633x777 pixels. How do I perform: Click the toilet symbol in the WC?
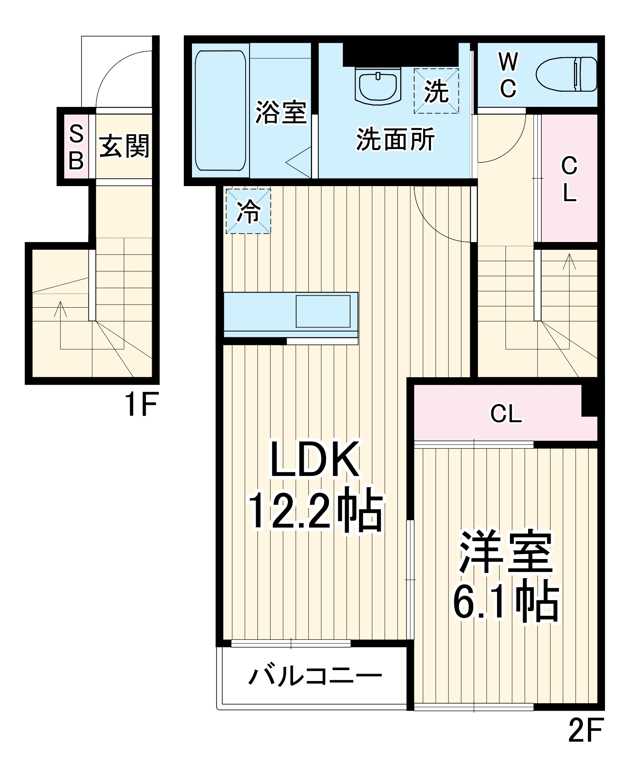(x=566, y=74)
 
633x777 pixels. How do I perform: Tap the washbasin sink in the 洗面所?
(x=378, y=86)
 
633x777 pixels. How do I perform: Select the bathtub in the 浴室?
(x=220, y=110)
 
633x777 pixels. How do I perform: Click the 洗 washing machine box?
(x=436, y=91)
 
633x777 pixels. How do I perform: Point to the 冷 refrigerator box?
(x=248, y=211)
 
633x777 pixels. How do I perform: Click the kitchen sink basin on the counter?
(x=323, y=311)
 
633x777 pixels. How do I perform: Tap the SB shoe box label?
(x=76, y=147)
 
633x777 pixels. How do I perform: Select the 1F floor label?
(x=141, y=404)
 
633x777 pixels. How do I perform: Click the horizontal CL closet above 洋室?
(x=506, y=414)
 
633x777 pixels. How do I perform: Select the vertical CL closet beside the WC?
(x=569, y=179)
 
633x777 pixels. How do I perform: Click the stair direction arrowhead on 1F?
(x=60, y=307)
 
